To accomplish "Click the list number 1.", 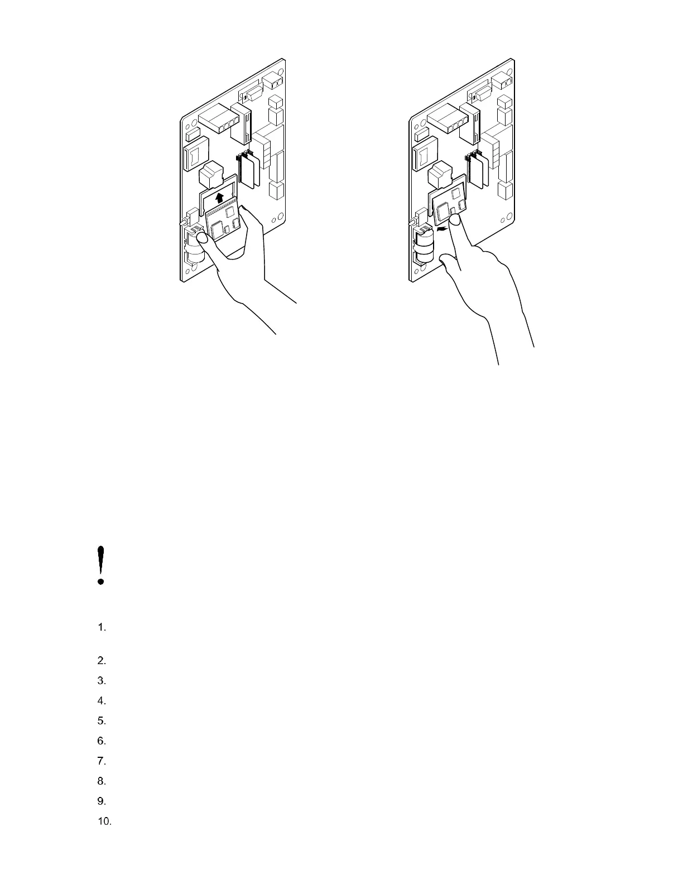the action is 101,628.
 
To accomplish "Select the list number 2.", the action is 101,661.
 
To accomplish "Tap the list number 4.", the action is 101,701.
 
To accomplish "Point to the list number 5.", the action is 101,721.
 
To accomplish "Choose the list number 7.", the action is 101,761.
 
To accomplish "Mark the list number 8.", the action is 101,781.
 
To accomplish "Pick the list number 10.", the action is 104,821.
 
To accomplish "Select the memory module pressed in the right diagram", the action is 451,204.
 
